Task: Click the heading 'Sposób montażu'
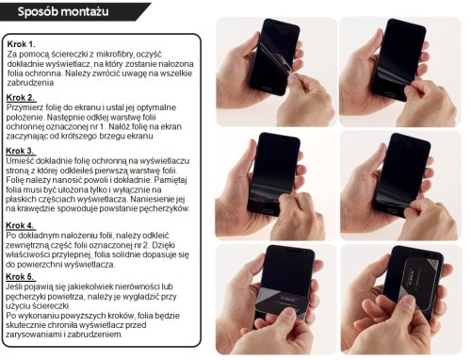63,11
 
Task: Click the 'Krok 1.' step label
22,44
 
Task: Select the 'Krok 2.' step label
21,98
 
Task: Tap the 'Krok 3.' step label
20,151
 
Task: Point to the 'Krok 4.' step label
20,225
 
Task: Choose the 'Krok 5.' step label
20,277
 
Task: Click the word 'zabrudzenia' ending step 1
30,83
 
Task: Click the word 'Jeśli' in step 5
13,286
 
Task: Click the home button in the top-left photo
266,90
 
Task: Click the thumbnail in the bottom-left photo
289,314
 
